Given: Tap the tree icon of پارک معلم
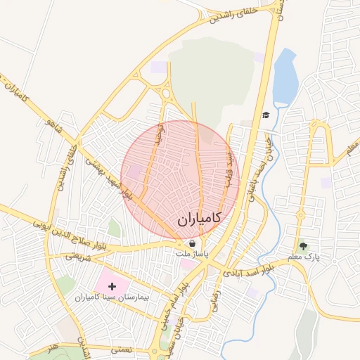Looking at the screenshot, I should pos(303,246).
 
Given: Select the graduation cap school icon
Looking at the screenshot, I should pos(266,115).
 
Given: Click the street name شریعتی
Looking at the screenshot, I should pos(79,257).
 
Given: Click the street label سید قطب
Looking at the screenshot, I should pos(228,169).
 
